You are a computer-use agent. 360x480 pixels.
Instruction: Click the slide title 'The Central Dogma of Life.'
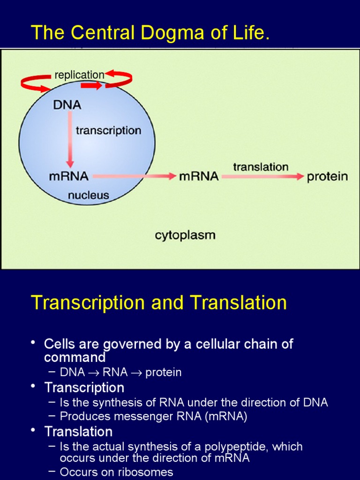coord(150,33)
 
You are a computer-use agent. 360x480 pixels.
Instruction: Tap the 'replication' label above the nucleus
coord(79,75)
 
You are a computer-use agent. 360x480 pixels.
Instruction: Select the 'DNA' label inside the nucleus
coord(67,105)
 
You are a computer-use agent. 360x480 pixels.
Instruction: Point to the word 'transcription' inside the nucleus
coord(108,130)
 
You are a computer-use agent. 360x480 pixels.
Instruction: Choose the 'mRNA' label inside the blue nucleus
coord(68,177)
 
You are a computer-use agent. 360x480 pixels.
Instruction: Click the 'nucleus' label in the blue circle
coord(89,195)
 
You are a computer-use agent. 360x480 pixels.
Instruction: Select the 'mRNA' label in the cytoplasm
coord(199,177)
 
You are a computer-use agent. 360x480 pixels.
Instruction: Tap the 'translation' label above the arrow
coord(261,167)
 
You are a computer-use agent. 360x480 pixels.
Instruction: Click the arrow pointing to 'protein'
coord(262,177)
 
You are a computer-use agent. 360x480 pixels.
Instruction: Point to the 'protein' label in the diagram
coord(327,177)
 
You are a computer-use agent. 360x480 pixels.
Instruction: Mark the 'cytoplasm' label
coord(185,235)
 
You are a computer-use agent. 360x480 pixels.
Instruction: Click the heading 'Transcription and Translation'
coord(158,303)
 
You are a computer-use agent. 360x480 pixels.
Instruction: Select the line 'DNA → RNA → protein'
coord(120,373)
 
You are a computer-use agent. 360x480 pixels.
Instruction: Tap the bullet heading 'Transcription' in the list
coord(84,388)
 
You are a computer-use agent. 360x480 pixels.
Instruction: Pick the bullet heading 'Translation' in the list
coord(78,431)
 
